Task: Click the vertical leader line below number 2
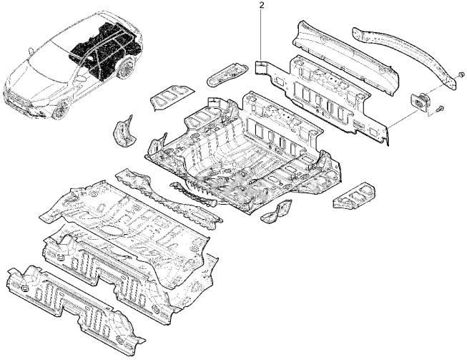(x=260, y=36)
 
